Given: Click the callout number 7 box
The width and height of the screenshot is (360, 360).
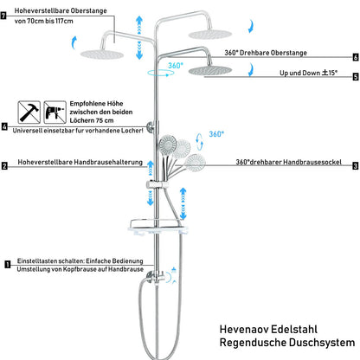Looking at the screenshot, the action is [x=3, y=16].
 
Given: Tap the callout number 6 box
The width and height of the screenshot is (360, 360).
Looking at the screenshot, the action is [x=356, y=57].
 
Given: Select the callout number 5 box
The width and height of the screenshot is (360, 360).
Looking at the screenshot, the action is [x=356, y=77].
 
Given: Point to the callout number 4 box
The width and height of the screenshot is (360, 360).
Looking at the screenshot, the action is [x=4, y=126].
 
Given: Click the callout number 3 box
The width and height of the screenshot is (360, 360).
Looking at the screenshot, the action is [x=356, y=166].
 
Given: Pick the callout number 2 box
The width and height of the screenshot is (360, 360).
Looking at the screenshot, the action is [x=4, y=166].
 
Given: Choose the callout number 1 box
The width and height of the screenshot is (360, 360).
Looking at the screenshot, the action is [x=8, y=265].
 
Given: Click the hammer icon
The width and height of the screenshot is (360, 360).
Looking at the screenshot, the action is [x=29, y=112].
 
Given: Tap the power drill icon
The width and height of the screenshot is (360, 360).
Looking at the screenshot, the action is [x=55, y=112].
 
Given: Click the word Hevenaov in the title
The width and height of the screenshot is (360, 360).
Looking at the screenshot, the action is [x=243, y=329].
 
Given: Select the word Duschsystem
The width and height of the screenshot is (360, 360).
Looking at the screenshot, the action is [x=322, y=343].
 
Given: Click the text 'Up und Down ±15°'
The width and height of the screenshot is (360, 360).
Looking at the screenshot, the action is [x=308, y=73].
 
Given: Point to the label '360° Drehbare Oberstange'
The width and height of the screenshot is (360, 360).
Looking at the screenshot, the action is [x=266, y=53].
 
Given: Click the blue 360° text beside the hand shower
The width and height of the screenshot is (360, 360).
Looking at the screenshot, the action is [x=216, y=134].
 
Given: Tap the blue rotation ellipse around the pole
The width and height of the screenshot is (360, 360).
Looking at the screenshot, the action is [x=160, y=73].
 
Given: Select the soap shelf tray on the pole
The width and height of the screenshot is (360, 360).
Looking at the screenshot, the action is [x=157, y=227].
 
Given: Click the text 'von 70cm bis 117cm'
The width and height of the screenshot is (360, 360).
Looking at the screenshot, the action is [x=43, y=21].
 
